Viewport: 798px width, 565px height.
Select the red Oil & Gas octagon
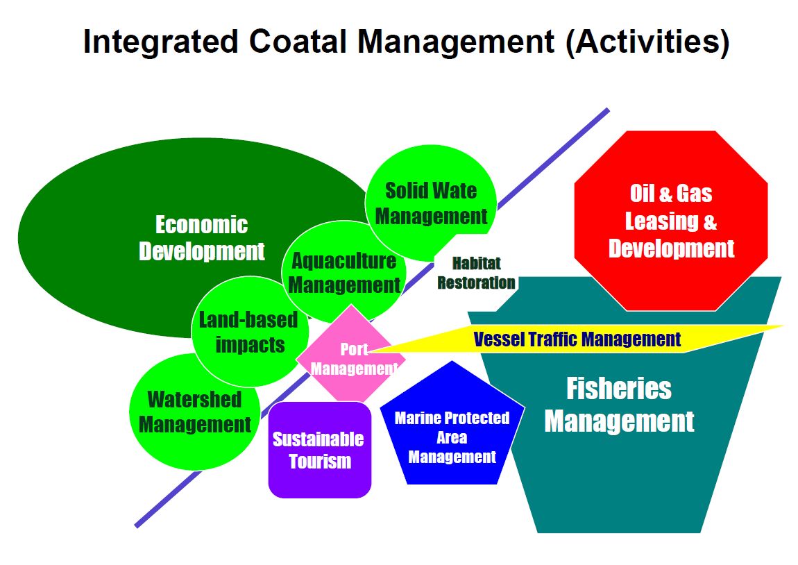pos(671,221)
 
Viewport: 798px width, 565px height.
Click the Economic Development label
pos(201,238)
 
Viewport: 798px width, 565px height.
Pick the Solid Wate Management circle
pos(431,203)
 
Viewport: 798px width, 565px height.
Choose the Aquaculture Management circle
pos(344,273)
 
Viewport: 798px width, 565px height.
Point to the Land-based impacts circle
pos(248,332)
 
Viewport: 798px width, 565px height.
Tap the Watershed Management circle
pos(194,412)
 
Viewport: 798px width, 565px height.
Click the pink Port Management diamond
pos(352,358)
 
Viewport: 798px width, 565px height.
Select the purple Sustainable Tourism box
pos(319,450)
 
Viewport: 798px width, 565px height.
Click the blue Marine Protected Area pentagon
pos(452,437)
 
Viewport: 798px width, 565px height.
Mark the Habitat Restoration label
pos(476,273)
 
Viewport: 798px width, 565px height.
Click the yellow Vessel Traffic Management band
pos(576,339)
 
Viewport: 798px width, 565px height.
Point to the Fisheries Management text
pos(619,405)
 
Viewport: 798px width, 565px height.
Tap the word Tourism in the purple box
pos(320,461)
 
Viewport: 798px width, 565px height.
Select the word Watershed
pos(194,400)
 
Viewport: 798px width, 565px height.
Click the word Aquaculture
pos(344,261)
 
